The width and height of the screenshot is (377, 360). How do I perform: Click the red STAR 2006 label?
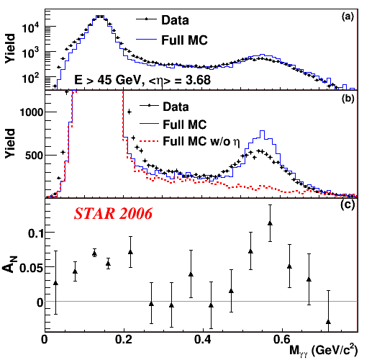(x=113, y=213)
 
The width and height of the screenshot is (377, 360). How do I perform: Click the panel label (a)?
(x=348, y=17)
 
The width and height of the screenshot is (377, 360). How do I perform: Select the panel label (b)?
(x=348, y=99)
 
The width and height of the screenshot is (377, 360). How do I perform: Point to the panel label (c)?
(x=348, y=204)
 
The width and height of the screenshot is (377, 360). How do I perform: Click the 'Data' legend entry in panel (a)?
(x=163, y=20)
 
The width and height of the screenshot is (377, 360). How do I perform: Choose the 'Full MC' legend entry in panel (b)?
(x=173, y=125)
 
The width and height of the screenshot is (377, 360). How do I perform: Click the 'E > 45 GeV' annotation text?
(x=107, y=80)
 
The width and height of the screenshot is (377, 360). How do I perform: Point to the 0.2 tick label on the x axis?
(x=123, y=340)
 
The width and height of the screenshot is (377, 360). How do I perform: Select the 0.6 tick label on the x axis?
(x=282, y=340)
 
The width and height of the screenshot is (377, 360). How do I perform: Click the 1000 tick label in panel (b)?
(x=32, y=112)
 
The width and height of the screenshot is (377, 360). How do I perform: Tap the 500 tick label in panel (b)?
(x=34, y=156)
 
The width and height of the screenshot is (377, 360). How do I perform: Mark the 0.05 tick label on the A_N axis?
(x=31, y=268)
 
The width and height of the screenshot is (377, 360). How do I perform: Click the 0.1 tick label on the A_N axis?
(x=35, y=233)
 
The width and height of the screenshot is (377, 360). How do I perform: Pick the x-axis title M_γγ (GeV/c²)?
(x=323, y=351)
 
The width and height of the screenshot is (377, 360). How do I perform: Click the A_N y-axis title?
(x=10, y=264)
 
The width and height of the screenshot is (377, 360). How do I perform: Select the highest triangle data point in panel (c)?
(x=270, y=223)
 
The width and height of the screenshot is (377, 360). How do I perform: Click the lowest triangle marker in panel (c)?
(x=328, y=322)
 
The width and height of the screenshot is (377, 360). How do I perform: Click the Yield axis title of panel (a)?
(x=10, y=48)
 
